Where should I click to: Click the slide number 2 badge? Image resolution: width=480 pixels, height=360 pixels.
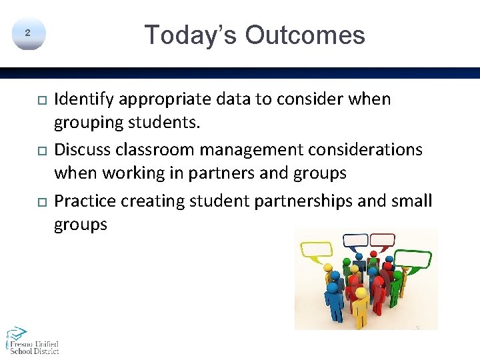[x=27, y=33]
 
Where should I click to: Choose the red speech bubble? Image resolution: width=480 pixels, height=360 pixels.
[x=382, y=240]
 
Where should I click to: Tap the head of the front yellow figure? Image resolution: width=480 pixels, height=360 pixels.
[x=360, y=293]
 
